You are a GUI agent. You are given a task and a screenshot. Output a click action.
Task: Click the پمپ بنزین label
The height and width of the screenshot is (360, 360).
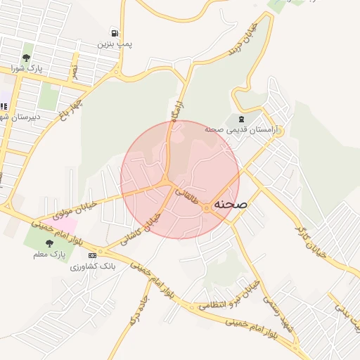115,44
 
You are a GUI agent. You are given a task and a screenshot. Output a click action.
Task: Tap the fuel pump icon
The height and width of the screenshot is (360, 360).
114,33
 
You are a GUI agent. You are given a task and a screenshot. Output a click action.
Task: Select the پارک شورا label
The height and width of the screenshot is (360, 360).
27,69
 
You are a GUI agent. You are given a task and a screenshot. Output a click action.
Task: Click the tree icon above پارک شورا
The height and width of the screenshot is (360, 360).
27,58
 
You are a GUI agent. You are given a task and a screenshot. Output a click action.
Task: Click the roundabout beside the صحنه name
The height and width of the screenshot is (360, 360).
207,208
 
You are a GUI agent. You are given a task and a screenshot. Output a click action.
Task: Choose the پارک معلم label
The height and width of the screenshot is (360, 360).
48,254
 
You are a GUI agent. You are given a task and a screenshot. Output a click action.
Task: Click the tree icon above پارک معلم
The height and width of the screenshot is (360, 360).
48,243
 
